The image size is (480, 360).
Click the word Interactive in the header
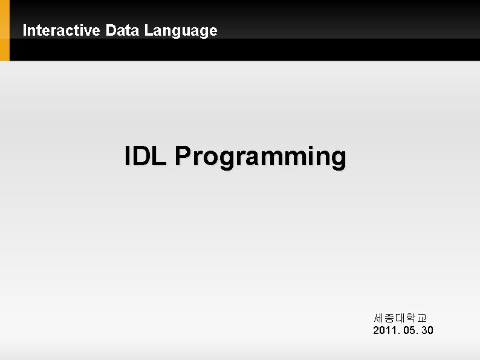coord(62,30)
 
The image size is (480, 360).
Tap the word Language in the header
coord(181,30)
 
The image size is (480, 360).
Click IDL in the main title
coord(146,156)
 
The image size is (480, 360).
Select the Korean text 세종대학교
coord(400,318)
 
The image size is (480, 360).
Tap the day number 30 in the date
coord(427,330)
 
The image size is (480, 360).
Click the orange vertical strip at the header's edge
coord(5,30)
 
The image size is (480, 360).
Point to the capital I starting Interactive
coord(25,30)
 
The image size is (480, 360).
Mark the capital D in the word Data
coord(110,30)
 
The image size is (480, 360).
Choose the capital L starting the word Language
coord(148,30)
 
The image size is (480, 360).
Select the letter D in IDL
coord(144,156)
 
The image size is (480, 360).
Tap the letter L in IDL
coord(161,156)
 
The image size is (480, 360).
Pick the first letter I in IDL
coord(128,156)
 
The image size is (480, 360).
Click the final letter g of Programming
coord(339,159)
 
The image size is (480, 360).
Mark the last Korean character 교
coord(422,318)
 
